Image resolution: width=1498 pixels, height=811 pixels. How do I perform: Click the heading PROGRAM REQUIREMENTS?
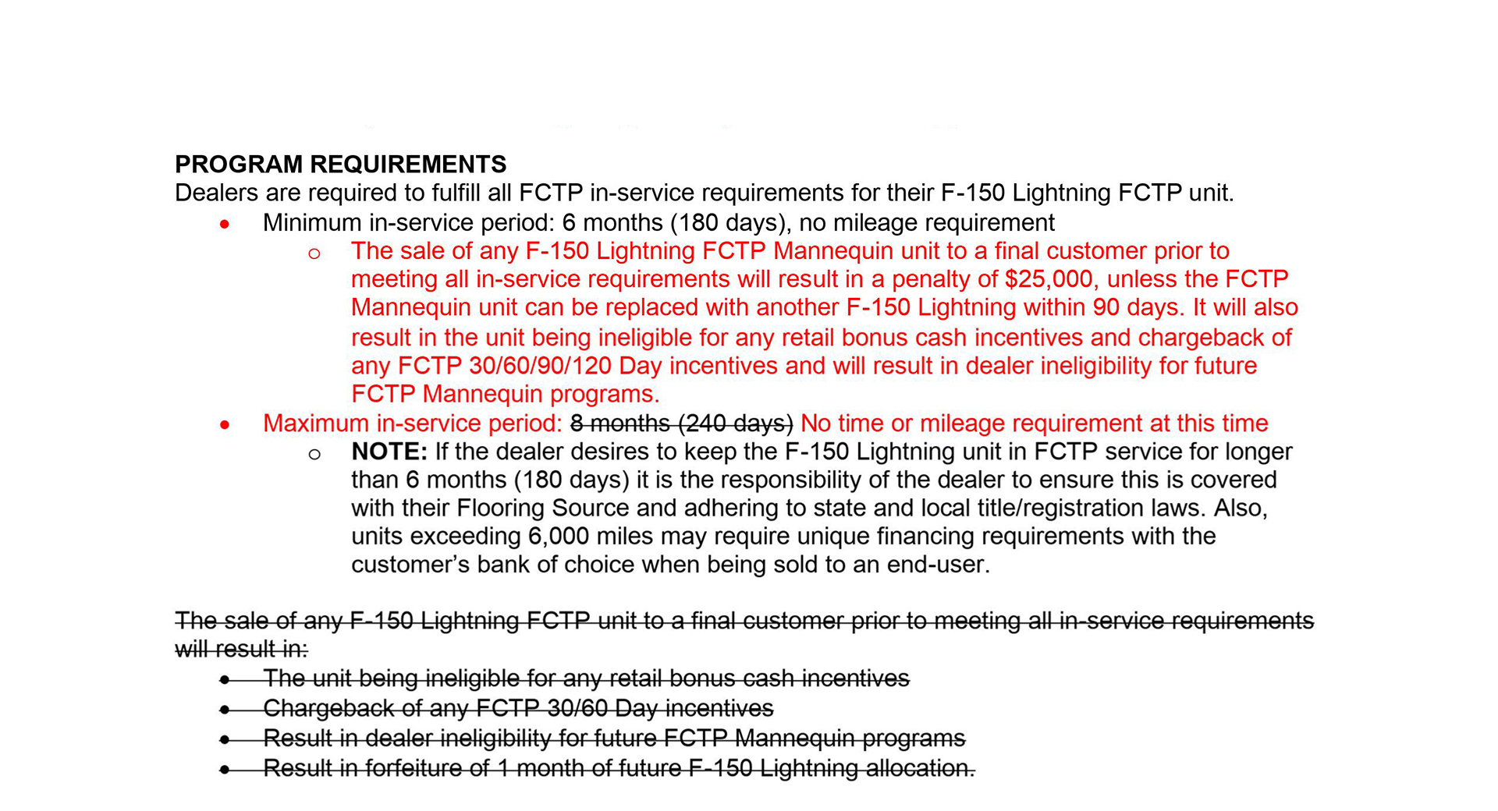(x=340, y=165)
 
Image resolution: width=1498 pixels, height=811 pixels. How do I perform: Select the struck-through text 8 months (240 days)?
(x=681, y=423)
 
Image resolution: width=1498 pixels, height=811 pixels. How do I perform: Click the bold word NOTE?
(x=389, y=452)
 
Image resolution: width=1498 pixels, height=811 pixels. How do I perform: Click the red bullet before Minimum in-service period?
(x=225, y=225)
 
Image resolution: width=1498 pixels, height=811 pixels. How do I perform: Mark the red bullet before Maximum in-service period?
(x=225, y=425)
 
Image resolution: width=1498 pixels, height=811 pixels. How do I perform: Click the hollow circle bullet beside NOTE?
(x=314, y=454)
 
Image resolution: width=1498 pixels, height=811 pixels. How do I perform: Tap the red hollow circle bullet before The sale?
(x=314, y=253)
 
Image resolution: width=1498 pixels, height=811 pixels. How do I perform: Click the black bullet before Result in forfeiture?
(x=225, y=770)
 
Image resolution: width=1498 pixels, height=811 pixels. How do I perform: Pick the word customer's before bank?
(x=410, y=565)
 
